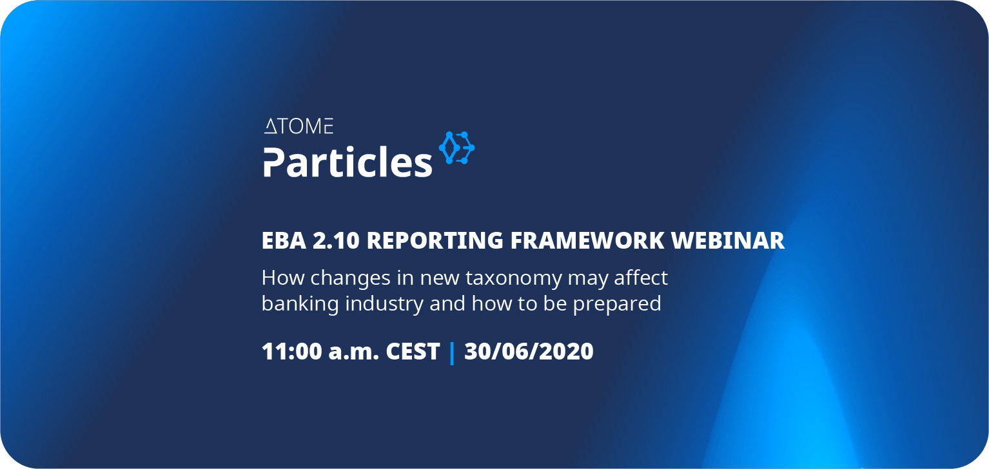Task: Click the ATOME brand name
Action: click(x=299, y=126)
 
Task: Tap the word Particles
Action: click(x=348, y=162)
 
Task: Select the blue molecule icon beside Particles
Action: click(x=456, y=148)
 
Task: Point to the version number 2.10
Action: click(x=336, y=241)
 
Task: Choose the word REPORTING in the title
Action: click(x=435, y=241)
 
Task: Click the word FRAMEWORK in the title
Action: click(x=587, y=241)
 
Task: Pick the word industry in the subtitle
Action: click(x=384, y=305)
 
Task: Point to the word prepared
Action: click(x=617, y=305)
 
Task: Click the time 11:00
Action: click(x=291, y=352)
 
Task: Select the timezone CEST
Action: click(x=413, y=352)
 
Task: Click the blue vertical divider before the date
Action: click(x=452, y=354)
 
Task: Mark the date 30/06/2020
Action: click(x=529, y=352)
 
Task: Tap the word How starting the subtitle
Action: click(x=282, y=278)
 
